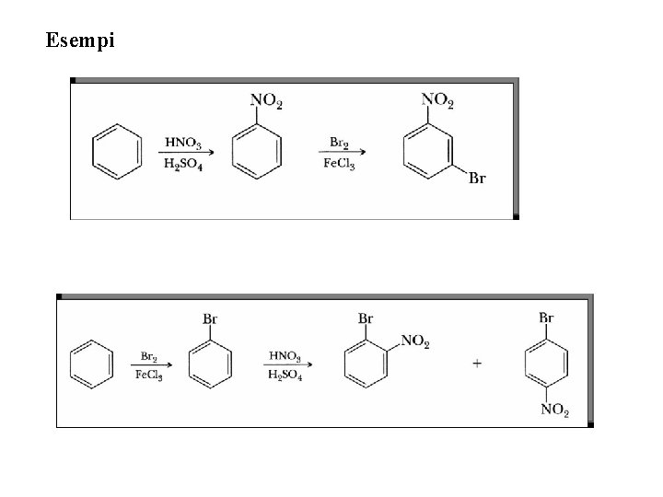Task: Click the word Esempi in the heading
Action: click(x=80, y=40)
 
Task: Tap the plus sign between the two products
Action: click(x=477, y=363)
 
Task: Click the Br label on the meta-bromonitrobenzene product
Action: click(x=477, y=178)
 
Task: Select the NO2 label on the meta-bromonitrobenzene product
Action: click(x=436, y=98)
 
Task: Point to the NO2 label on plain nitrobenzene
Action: click(x=268, y=99)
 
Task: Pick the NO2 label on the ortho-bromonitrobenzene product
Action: click(x=414, y=342)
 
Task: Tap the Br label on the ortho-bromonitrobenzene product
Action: click(x=366, y=318)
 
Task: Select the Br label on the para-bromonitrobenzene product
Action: click(x=546, y=318)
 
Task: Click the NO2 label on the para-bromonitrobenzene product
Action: click(x=554, y=410)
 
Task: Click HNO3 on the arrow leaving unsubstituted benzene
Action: click(x=183, y=143)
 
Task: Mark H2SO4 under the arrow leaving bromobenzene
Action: click(x=285, y=375)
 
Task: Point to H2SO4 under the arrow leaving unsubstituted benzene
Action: click(x=184, y=164)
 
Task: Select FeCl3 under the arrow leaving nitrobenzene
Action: click(x=340, y=164)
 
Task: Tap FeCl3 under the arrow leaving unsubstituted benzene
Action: click(x=148, y=375)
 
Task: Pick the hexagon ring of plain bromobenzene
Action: click(x=210, y=364)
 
